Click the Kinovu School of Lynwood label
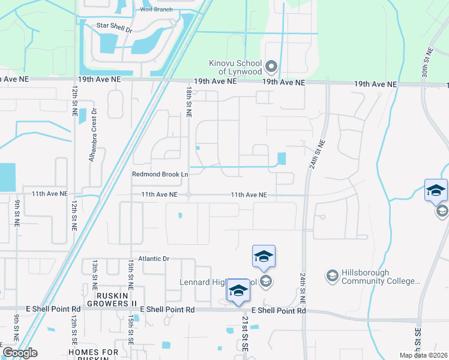coord(235,67)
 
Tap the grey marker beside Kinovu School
coord(271,65)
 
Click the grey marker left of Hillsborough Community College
coord(331,275)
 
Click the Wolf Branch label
coord(157,10)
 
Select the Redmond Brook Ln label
coord(160,175)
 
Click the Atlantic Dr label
coord(155,259)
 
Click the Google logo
coord(20,353)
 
